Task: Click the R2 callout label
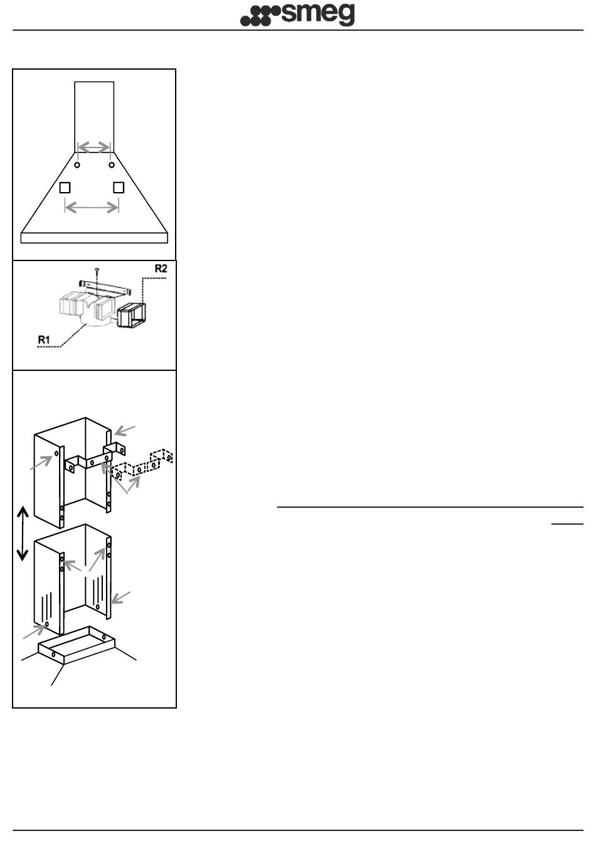(161, 269)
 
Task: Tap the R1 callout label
(44, 340)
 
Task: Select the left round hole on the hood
(77, 165)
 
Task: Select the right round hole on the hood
(112, 165)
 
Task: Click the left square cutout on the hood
(65, 188)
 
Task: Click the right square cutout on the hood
(119, 188)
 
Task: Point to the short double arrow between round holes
(94, 147)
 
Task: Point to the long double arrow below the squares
(92, 208)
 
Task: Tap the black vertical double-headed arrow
(23, 533)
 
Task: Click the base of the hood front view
(94, 238)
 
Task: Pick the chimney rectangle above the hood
(94, 117)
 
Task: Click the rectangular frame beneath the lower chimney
(77, 645)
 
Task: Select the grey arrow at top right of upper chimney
(124, 431)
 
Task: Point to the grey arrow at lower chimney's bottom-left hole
(34, 631)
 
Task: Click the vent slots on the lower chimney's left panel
(46, 606)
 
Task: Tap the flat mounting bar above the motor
(105, 287)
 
